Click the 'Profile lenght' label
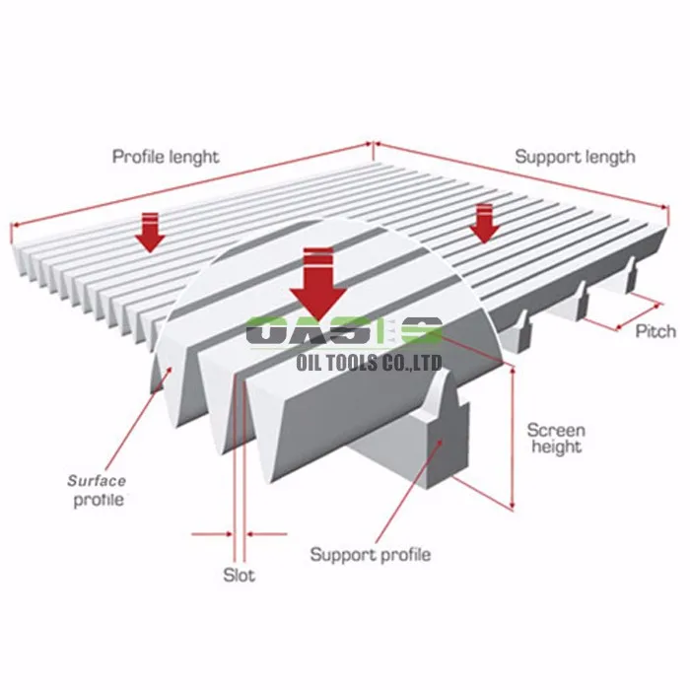(x=166, y=157)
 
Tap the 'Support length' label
(x=575, y=157)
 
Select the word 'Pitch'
(x=655, y=330)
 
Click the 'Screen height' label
(x=555, y=439)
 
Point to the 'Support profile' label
(x=370, y=554)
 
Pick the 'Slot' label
(x=239, y=575)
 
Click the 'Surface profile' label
(x=97, y=490)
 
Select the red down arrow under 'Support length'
(x=482, y=222)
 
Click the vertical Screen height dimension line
(x=513, y=434)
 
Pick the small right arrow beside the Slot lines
(x=266, y=535)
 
